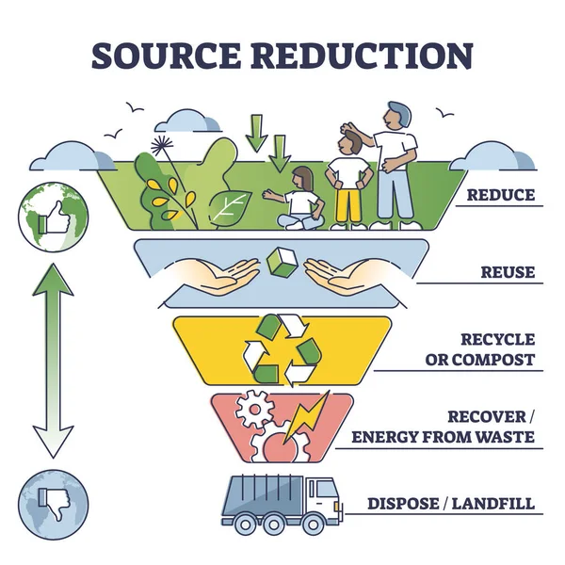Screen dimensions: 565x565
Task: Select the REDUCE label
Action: [501, 196]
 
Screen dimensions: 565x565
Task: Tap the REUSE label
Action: [508, 273]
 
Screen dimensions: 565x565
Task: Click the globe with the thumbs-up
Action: [53, 215]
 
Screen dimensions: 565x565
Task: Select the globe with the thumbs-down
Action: [53, 500]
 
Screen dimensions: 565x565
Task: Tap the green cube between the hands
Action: [282, 263]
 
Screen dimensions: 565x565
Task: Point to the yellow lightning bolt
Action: [307, 416]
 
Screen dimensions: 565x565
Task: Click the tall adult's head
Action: [396, 117]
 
